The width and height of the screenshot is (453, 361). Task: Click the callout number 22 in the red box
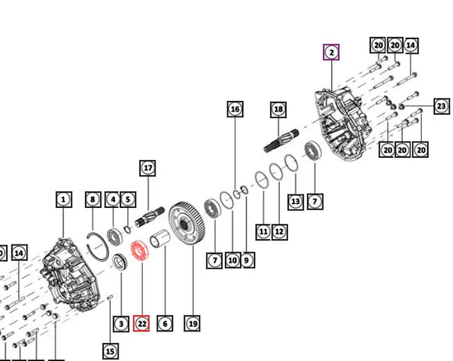(x=141, y=323)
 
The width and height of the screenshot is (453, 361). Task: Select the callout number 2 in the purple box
(x=331, y=52)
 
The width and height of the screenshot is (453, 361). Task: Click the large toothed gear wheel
(x=187, y=224)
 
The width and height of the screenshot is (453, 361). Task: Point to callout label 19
(x=192, y=323)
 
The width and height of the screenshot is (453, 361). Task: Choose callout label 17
(x=148, y=168)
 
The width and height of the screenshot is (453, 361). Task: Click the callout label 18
(x=279, y=109)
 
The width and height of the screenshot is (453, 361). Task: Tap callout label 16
(x=235, y=109)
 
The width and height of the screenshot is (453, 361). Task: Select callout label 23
(x=442, y=106)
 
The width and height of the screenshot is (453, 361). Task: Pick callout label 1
(x=64, y=199)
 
